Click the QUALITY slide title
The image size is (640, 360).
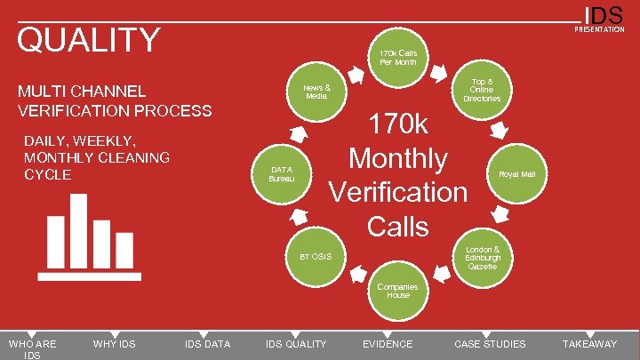pos(89,41)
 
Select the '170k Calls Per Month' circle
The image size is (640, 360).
pos(398,57)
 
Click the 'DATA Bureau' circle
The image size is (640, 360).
pos(281,173)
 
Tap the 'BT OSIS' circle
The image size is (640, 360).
pos(316,256)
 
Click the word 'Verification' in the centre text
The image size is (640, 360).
pos(398,192)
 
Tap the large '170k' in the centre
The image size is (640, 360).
pos(398,124)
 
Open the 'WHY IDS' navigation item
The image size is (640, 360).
pos(114,344)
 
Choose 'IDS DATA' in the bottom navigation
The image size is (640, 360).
pos(206,344)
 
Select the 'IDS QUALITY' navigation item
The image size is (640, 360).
pos(296,344)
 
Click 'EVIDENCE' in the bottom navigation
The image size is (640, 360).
pos(388,344)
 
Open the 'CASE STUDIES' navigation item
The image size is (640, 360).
pos(490,344)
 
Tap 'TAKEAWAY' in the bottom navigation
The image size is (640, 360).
pos(589,344)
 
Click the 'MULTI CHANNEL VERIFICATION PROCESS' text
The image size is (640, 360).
pos(115,100)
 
